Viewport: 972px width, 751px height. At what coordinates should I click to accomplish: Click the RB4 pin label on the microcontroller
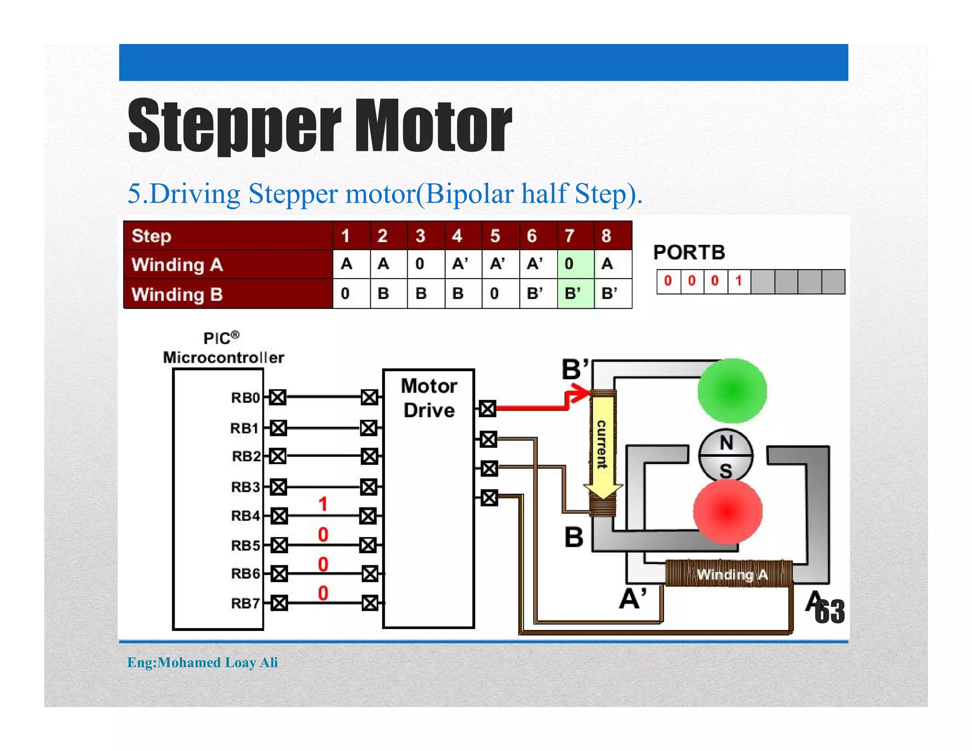point(245,516)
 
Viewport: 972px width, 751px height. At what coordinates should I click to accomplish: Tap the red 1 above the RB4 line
point(323,504)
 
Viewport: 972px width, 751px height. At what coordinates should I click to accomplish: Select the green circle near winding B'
point(732,391)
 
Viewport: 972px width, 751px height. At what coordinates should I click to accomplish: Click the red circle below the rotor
point(728,511)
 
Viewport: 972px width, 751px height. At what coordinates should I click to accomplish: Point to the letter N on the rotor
point(726,443)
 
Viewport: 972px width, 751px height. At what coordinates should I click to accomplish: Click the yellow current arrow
point(602,446)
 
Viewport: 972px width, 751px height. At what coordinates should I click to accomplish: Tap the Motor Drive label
point(429,398)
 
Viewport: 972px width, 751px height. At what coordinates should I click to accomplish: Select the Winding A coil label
point(731,574)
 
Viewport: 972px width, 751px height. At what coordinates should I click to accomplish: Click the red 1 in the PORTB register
point(738,281)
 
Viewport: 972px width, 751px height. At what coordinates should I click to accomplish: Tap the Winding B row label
point(177,294)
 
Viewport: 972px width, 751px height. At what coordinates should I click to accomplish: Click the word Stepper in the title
point(234,126)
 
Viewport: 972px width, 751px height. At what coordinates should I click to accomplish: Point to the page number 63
point(830,611)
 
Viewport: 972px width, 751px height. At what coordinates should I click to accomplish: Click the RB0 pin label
point(245,398)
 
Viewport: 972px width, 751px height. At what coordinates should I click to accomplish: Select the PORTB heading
point(689,253)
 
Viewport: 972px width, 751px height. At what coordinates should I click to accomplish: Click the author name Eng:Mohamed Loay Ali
point(203,662)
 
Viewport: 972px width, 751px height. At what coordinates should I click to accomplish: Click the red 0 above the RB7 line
point(323,593)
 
